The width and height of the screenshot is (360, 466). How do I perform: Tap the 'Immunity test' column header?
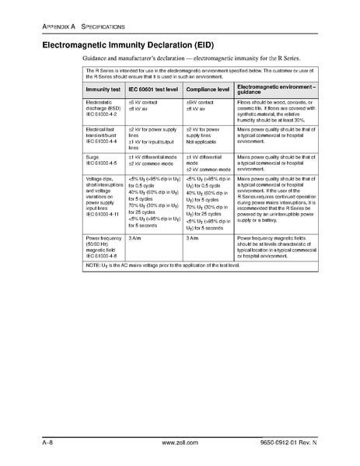point(103,89)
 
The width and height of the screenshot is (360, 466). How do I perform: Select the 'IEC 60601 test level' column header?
point(150,89)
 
